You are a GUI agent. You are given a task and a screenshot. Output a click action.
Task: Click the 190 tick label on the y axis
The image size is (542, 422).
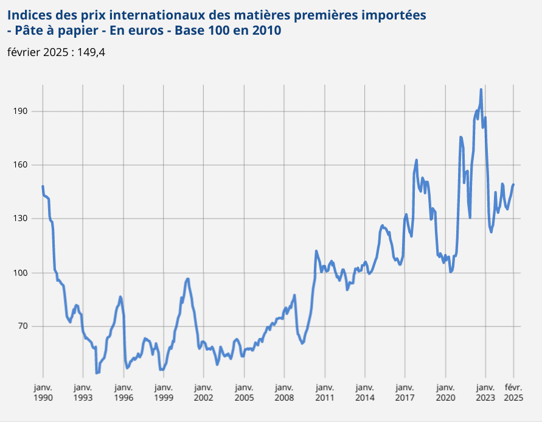click(25, 111)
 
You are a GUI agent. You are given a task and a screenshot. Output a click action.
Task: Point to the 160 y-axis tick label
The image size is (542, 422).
click(25, 165)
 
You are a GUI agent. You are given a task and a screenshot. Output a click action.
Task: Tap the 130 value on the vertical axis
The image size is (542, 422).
click(25, 219)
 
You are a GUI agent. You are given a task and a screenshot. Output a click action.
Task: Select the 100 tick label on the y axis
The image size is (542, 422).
click(25, 272)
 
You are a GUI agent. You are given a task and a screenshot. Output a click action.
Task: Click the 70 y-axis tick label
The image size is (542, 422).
click(27, 326)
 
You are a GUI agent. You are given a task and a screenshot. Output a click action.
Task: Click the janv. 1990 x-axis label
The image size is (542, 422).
click(43, 392)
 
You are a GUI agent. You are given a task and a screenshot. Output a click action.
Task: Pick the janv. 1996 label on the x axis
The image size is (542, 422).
click(123, 392)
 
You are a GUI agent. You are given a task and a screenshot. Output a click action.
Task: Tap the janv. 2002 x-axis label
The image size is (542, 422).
click(204, 392)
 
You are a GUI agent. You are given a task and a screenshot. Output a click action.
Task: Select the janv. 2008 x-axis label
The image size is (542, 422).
click(284, 392)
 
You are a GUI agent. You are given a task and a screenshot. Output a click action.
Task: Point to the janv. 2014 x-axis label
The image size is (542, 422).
click(364, 392)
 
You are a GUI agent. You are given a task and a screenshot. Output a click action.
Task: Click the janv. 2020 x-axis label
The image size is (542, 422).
click(445, 392)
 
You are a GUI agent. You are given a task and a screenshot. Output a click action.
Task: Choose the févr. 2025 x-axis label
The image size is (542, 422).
click(513, 392)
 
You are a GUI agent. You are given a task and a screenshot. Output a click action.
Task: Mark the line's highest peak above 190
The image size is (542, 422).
click(481, 90)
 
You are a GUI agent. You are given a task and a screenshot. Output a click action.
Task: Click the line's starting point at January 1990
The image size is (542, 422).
click(43, 186)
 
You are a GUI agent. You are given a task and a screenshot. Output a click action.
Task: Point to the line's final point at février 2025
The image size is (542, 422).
click(513, 185)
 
